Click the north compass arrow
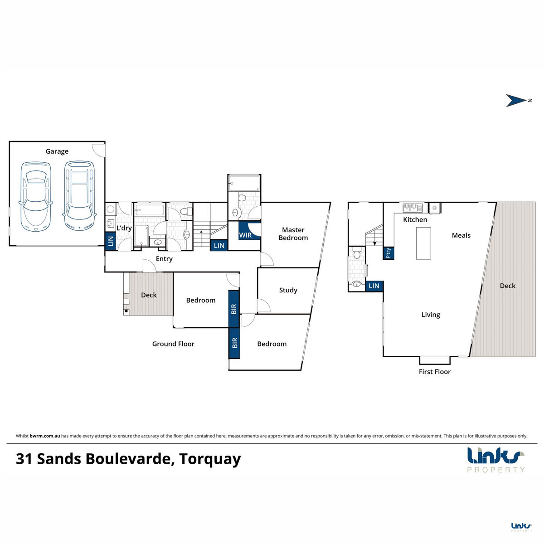pyautogui.click(x=515, y=101)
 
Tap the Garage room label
pyautogui.click(x=57, y=151)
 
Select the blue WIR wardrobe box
pyautogui.click(x=249, y=231)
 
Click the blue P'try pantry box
pyautogui.click(x=388, y=253)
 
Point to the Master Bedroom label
pyautogui.click(x=293, y=234)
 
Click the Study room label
pyautogui.click(x=288, y=290)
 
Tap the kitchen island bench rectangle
pyautogui.click(x=423, y=243)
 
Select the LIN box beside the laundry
pyautogui.click(x=110, y=241)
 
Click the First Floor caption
pyautogui.click(x=434, y=372)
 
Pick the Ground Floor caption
pyautogui.click(x=173, y=344)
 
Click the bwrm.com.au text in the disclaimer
pyautogui.click(x=44, y=436)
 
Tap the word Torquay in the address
pyautogui.click(x=210, y=459)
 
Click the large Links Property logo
pyautogui.click(x=496, y=460)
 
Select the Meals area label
pyautogui.click(x=461, y=235)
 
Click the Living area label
pyautogui.click(x=431, y=315)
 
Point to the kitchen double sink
pyautogui.click(x=413, y=208)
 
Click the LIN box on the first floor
pyautogui.click(x=374, y=286)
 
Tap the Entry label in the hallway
pyautogui.click(x=164, y=259)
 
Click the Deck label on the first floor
pyautogui.click(x=508, y=286)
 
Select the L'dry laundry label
pyautogui.click(x=124, y=228)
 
